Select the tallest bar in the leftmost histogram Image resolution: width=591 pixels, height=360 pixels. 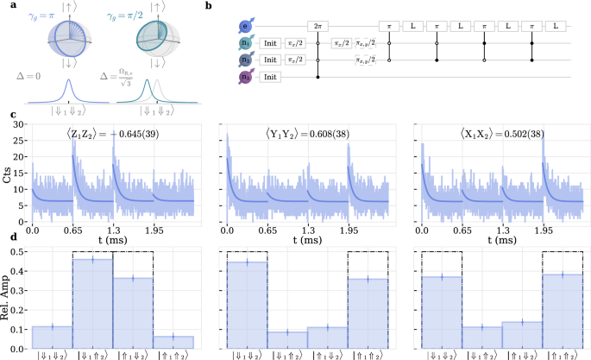[x=92, y=303]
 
